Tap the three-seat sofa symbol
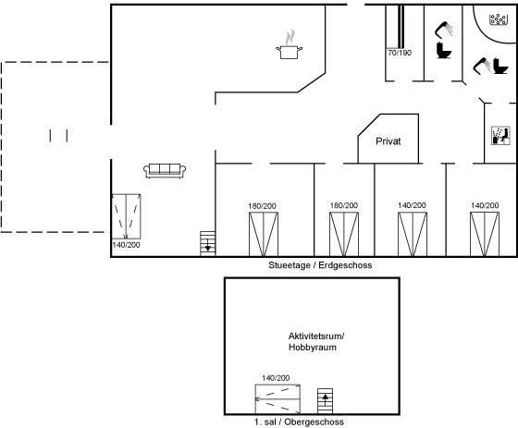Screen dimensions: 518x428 click(x=165, y=171)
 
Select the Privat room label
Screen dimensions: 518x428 click(x=388, y=141)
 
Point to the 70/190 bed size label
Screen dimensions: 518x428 click(x=400, y=53)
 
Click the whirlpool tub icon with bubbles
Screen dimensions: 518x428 click(x=499, y=19)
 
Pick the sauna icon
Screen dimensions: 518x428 click(x=500, y=136)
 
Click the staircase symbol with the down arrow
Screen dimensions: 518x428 click(x=207, y=243)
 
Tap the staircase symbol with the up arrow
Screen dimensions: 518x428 click(x=325, y=401)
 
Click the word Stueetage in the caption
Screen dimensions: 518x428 click(x=289, y=265)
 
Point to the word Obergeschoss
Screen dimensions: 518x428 click(x=314, y=422)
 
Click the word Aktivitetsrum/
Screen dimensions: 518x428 click(x=316, y=336)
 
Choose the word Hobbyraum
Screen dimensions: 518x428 click(x=313, y=348)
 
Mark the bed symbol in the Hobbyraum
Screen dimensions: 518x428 click(x=277, y=399)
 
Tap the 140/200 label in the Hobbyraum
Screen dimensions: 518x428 click(x=276, y=378)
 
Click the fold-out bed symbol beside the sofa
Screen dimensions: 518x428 click(x=126, y=216)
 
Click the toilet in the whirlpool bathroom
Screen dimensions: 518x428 click(x=500, y=66)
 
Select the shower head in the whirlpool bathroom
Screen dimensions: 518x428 click(x=481, y=66)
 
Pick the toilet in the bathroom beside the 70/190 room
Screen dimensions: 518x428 click(x=444, y=51)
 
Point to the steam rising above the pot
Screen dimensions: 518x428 click(x=290, y=37)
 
